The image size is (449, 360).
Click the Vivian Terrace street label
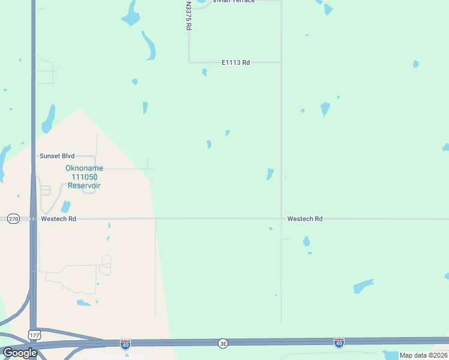[x=234, y=1]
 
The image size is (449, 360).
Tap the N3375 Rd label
[x=188, y=16]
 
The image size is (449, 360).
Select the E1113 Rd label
[x=235, y=62]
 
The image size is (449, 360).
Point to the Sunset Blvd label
[x=57, y=156]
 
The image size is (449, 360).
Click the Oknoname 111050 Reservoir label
[x=84, y=177]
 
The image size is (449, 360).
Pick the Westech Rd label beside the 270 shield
[x=58, y=219]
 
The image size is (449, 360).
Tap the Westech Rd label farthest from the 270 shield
[x=305, y=219]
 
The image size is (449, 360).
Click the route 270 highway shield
[x=13, y=219]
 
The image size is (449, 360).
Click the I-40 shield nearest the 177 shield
[x=125, y=343]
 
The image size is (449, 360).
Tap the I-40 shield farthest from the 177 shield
[x=339, y=343]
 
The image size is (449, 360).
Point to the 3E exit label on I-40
[x=223, y=343]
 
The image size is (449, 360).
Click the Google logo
[x=19, y=353]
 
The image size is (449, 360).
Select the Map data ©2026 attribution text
[x=423, y=355]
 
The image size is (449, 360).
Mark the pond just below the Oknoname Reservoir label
[x=65, y=206]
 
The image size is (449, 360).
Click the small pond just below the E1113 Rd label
[x=205, y=73]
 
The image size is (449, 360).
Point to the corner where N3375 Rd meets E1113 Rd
[x=189, y=62]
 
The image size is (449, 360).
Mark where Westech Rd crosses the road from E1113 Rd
[x=282, y=219]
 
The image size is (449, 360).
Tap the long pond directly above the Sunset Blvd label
[x=49, y=118]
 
